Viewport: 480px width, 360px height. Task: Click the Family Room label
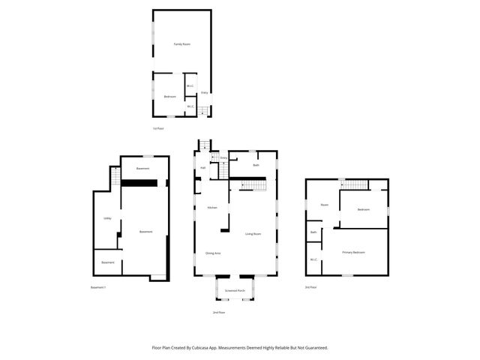181,44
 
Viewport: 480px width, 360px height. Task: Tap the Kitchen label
212,208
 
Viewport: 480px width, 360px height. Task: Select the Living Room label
253,234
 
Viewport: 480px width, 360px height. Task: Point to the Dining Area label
213,253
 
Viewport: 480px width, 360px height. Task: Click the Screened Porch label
235,290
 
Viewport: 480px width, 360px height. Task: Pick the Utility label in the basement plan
107,218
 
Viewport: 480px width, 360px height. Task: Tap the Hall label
202,167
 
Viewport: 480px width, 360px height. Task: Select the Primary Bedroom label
353,252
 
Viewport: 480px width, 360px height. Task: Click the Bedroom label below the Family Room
169,97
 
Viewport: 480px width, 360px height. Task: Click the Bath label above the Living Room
256,165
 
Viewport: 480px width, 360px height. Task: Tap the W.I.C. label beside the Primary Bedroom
313,260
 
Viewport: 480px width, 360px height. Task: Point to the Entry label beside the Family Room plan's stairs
204,93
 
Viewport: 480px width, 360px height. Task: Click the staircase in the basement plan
115,178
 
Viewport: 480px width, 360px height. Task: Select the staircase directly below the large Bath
254,184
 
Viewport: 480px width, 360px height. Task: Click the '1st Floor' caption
157,128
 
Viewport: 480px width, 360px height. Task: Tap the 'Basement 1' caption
98,287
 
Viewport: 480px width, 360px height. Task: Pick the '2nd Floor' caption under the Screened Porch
218,312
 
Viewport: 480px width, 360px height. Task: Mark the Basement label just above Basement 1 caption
108,262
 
